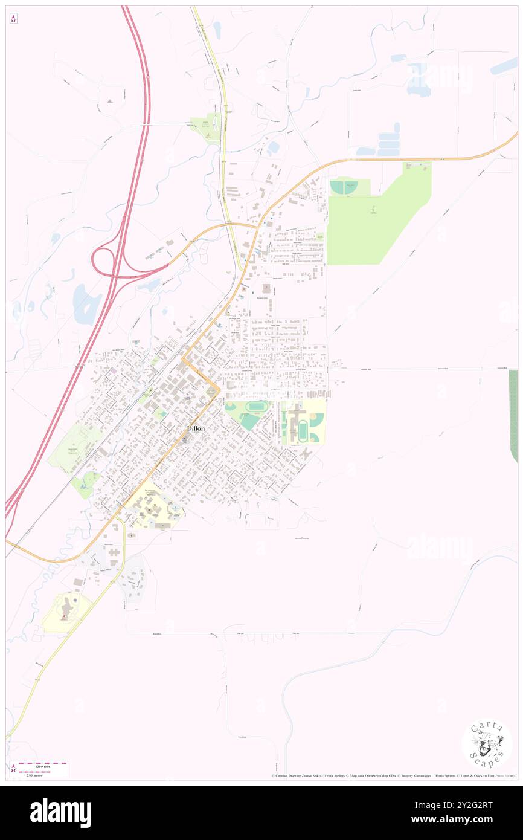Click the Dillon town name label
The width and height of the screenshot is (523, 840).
point(195,428)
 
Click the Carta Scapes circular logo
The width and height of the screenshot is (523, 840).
point(487,745)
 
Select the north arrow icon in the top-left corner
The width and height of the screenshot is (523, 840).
point(13,19)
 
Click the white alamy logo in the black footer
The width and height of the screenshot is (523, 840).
point(60,813)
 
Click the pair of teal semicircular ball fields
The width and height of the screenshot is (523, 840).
point(345,187)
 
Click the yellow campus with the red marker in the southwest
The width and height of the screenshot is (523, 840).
point(66,612)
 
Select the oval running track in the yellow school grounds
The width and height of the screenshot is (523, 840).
point(303,430)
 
